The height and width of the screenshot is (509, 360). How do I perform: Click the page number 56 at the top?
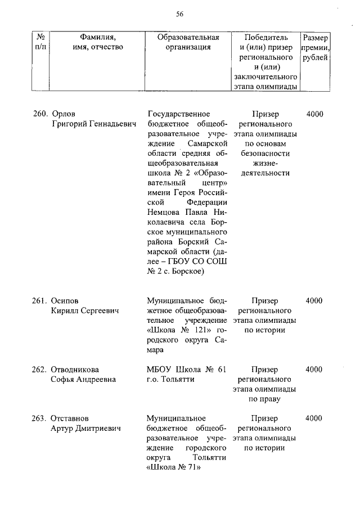[180, 14]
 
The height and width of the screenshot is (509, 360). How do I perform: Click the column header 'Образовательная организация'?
[188, 42]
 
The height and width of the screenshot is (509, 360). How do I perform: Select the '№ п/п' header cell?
[40, 42]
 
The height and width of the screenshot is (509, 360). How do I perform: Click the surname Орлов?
[63, 114]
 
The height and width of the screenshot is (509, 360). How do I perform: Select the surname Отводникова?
[75, 370]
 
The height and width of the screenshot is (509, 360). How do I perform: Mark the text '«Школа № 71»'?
[173, 468]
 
